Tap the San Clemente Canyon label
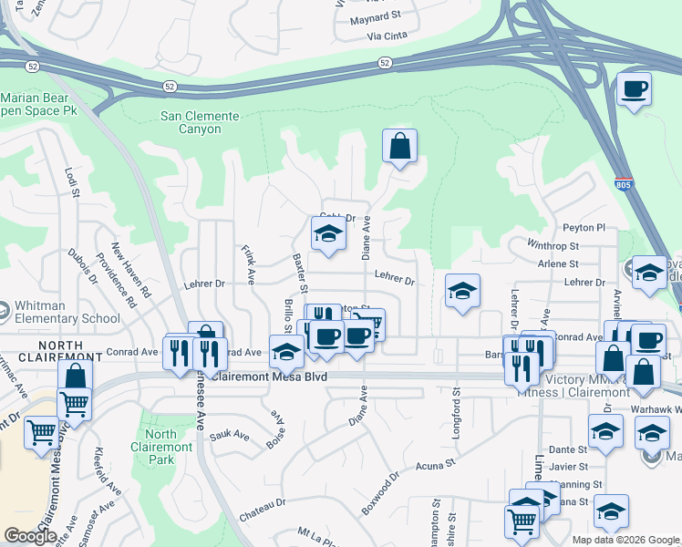pos(200,122)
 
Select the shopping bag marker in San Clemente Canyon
pos(399,146)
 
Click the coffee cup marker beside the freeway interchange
pos(635,89)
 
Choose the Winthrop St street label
pos(553,245)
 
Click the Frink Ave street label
pos(247,263)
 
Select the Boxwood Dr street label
pos(381,492)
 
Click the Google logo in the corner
pos(30,536)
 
